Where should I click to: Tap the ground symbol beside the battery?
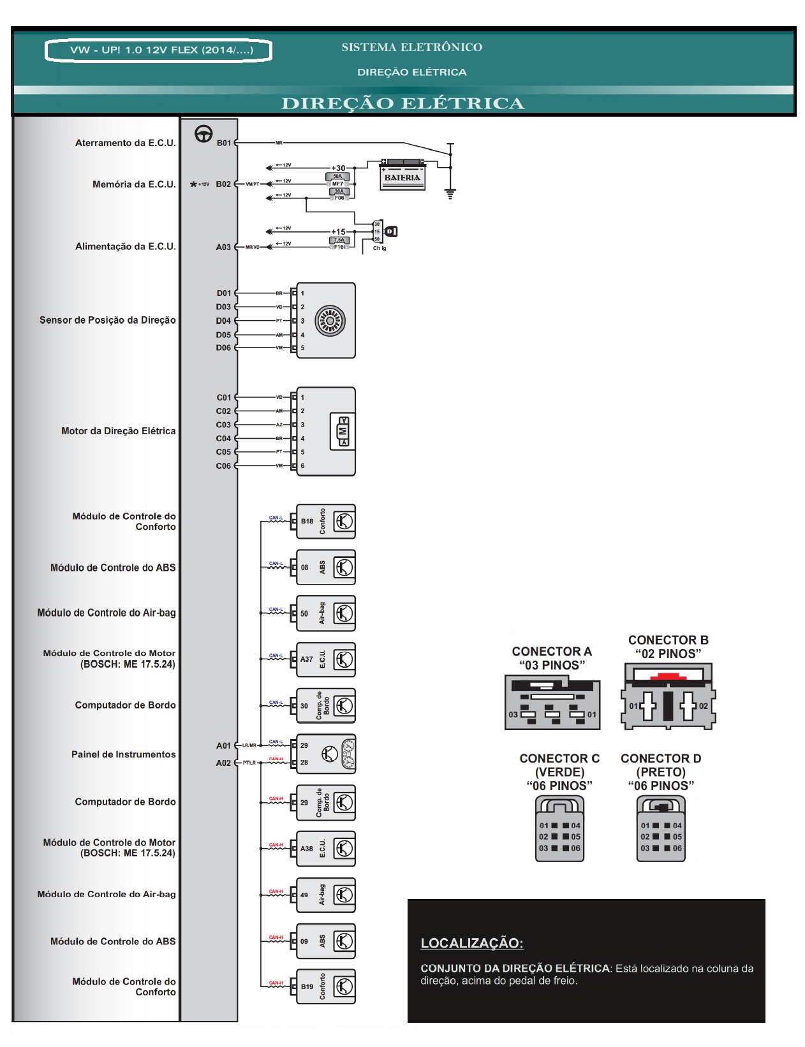[x=451, y=194]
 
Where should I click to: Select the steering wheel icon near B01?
[x=203, y=135]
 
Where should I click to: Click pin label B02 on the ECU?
[x=223, y=184]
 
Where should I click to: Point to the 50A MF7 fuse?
[x=337, y=179]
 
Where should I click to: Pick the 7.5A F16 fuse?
[x=339, y=243]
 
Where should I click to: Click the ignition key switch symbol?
[x=391, y=231]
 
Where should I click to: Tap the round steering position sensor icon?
[x=335, y=320]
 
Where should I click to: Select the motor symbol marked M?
[x=344, y=432]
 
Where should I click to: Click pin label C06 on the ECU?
[x=223, y=466]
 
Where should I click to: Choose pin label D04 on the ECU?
[x=223, y=321]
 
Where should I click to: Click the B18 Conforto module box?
[x=325, y=521]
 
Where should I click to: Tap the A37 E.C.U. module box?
[x=325, y=659]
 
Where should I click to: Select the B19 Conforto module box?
[x=325, y=986]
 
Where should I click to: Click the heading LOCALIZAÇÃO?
[x=472, y=943]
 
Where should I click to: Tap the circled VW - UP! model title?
[x=159, y=50]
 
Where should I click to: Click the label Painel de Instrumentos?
[x=124, y=754]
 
